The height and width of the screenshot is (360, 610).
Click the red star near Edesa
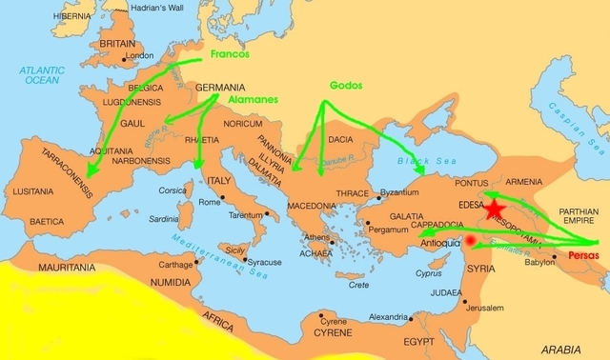(x=495, y=210)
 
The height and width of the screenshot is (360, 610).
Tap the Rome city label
(x=210, y=201)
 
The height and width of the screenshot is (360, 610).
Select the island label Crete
(x=358, y=285)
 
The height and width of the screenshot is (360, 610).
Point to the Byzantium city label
(x=400, y=194)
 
